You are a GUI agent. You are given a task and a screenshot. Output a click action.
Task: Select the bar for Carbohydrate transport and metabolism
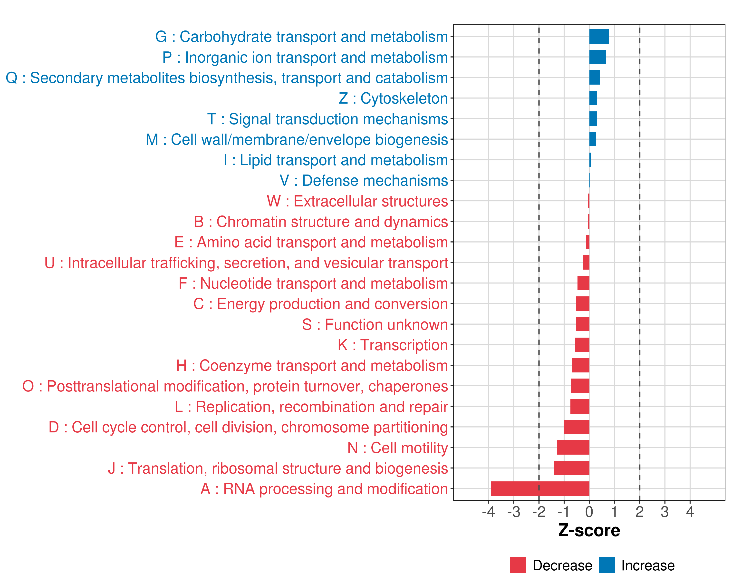click(x=599, y=37)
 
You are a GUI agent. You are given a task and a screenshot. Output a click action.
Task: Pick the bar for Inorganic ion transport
click(x=597, y=57)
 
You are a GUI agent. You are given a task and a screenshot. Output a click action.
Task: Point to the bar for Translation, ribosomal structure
click(x=572, y=468)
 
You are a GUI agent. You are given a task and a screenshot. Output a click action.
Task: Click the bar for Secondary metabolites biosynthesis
click(x=594, y=78)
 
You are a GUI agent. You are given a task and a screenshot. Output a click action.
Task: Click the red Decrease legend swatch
click(x=518, y=565)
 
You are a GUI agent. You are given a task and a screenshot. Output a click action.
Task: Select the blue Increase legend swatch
click(x=606, y=565)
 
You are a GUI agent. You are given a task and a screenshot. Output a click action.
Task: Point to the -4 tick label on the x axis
click(x=488, y=512)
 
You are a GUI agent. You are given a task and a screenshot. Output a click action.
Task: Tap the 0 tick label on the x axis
click(x=589, y=512)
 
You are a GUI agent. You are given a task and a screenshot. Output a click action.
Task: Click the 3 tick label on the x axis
click(x=664, y=512)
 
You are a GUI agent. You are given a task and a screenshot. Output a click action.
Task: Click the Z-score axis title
click(x=589, y=530)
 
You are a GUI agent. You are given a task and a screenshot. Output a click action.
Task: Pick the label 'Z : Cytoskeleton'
click(x=393, y=98)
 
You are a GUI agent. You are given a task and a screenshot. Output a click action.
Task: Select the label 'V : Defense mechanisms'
click(x=364, y=180)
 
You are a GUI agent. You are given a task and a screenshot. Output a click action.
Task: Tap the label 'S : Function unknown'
click(x=375, y=324)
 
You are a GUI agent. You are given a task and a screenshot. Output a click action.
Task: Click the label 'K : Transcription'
click(x=393, y=345)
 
